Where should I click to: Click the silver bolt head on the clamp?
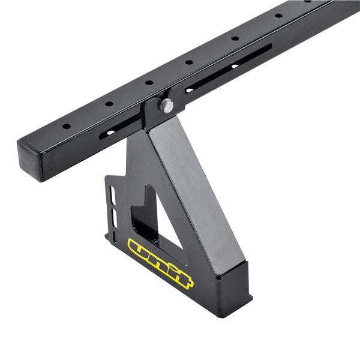pos(166,106)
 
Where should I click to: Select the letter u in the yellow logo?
pos(140,248)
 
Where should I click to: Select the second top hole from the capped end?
pos(109,104)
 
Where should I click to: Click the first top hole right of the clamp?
pos(189,62)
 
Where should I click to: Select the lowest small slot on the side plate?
pos(116,220)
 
